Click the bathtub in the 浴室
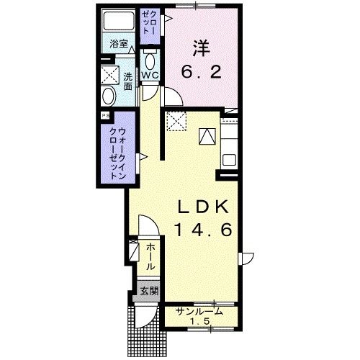(x=119, y=20)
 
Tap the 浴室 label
(x=119, y=44)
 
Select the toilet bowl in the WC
(x=150, y=61)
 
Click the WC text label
(x=150, y=76)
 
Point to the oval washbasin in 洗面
(x=108, y=96)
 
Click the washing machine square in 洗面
(x=110, y=75)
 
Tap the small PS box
(x=105, y=116)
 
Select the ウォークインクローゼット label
(x=117, y=154)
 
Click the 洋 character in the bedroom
(x=201, y=48)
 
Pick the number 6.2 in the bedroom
(x=201, y=72)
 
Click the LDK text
(x=203, y=207)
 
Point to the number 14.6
(x=204, y=230)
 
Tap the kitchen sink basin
(x=229, y=160)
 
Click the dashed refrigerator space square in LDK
(x=176, y=121)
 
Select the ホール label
(x=150, y=256)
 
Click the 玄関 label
(x=149, y=291)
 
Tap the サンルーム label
(x=199, y=312)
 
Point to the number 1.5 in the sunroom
(x=200, y=321)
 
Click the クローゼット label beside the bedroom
(x=150, y=22)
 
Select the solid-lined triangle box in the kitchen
(x=207, y=136)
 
